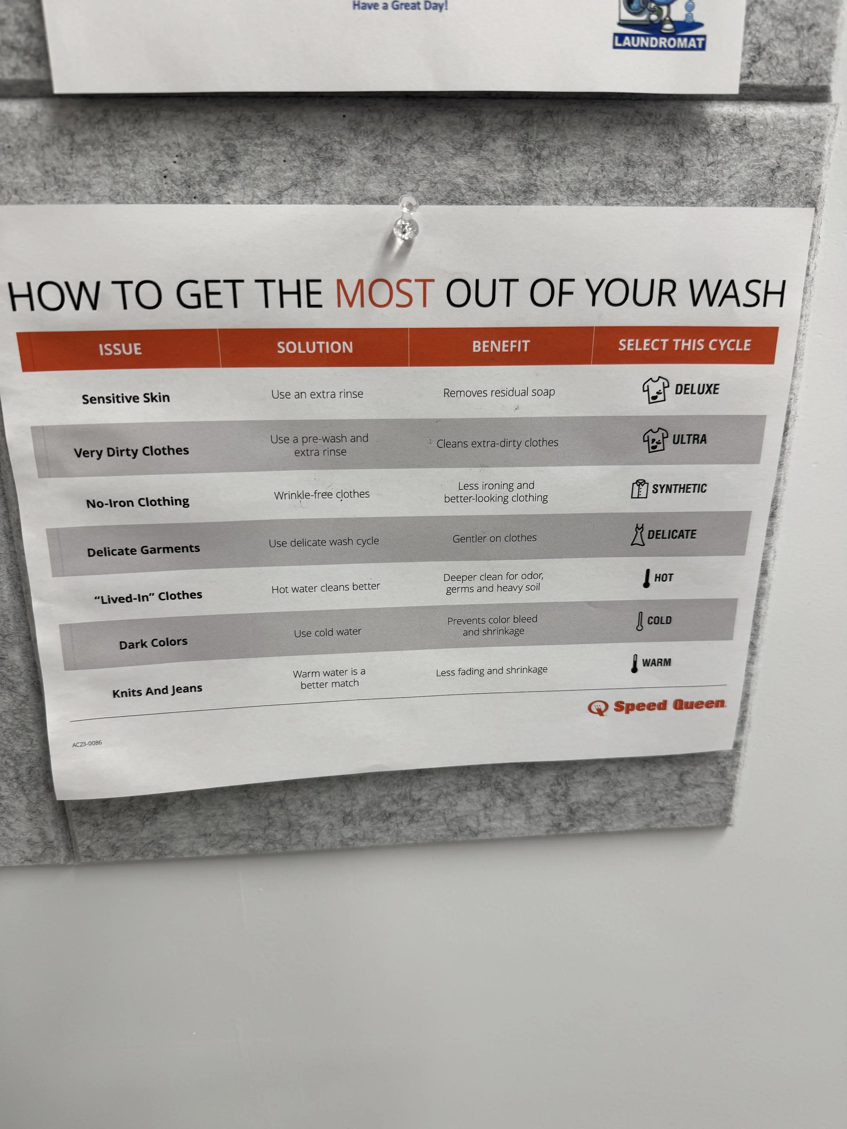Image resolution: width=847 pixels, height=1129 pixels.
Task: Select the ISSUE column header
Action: [x=120, y=349]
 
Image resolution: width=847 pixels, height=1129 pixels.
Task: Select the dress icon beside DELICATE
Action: [x=637, y=535]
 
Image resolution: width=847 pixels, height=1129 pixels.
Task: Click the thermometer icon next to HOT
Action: [x=646, y=578]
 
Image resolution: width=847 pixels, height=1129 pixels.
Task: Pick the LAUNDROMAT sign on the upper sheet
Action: [x=659, y=42]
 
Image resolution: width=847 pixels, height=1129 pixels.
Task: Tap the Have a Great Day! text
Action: [x=400, y=6]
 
